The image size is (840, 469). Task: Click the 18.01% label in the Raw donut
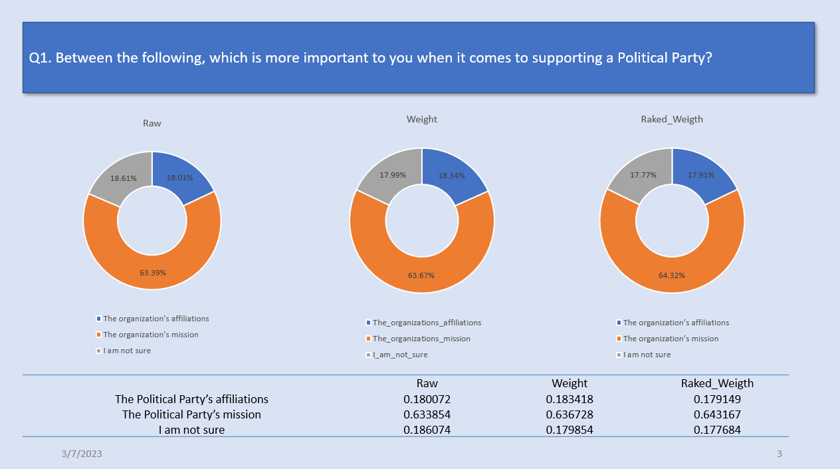pos(179,178)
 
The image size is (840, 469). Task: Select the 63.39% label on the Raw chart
pos(153,273)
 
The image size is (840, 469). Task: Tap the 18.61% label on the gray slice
pos(124,178)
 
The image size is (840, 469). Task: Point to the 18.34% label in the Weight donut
pos(451,176)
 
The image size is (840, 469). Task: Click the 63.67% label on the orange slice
pos(421,275)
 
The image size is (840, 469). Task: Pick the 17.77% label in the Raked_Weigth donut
pos(643,175)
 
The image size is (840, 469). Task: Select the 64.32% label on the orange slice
pos(672,275)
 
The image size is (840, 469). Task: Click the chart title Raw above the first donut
pos(152,123)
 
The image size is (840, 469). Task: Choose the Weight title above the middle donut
pos(422,119)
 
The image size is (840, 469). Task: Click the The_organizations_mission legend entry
pos(418,339)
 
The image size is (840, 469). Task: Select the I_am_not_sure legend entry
pos(397,355)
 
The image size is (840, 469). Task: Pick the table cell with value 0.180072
pos(427,398)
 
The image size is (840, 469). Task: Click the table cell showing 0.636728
pos(570,414)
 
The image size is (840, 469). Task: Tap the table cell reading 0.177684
pos(717,430)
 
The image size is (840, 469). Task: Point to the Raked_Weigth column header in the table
pos(717,383)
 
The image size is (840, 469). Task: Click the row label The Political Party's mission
pos(191,414)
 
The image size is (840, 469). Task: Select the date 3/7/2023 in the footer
pos(82,454)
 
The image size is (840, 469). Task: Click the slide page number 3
pos(780,454)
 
